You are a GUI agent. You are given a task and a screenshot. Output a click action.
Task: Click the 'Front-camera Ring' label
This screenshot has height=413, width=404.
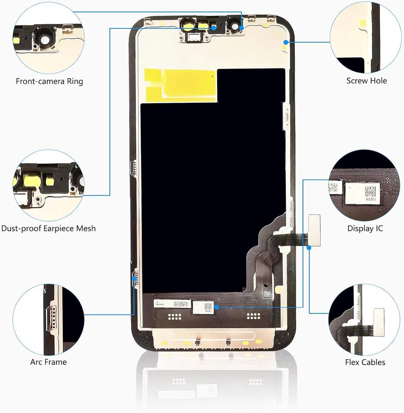[x=49, y=81]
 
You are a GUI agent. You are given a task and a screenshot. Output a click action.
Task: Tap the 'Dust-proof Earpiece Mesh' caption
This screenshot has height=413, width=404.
[x=49, y=228]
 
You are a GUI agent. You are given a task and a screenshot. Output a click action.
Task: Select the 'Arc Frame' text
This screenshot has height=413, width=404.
[x=49, y=362]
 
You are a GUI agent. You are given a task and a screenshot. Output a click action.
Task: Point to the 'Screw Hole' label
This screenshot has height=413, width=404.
[x=367, y=80]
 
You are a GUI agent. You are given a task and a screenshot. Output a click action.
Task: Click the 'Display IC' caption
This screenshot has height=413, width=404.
[x=365, y=228]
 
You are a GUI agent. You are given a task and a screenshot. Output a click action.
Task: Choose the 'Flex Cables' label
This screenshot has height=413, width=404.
[x=365, y=362]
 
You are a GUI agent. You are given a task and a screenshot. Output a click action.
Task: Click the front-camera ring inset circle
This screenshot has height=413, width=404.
[x=49, y=38]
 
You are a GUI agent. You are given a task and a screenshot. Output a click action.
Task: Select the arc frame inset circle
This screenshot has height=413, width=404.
[x=49, y=320]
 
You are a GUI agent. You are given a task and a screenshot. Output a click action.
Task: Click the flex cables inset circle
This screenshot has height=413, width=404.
[x=364, y=320]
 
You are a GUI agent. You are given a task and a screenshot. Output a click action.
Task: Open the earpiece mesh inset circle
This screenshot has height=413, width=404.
[x=49, y=185]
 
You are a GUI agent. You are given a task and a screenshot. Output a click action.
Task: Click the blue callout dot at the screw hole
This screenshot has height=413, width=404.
[x=286, y=42]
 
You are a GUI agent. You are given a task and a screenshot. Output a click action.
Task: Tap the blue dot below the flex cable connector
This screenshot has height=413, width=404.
[x=309, y=248]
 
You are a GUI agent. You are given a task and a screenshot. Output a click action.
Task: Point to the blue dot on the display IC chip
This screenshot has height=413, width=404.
[x=216, y=307]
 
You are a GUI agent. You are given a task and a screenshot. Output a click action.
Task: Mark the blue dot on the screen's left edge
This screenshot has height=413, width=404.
[x=134, y=278]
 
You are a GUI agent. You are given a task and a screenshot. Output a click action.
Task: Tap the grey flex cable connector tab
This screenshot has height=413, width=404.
[x=314, y=230]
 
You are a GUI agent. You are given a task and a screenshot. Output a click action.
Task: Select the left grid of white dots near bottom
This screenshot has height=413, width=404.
[x=174, y=316]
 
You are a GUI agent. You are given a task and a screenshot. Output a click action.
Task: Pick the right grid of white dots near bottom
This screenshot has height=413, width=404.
[x=254, y=316]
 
